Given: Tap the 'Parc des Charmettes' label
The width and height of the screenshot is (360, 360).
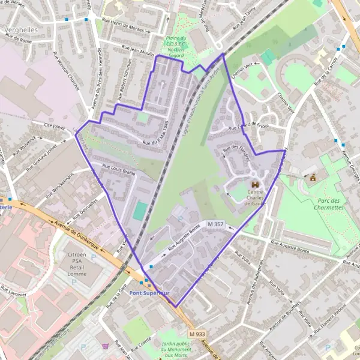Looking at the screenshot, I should coord(329,203).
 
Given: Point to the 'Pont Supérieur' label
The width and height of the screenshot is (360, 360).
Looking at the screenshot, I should coord(149,293).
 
